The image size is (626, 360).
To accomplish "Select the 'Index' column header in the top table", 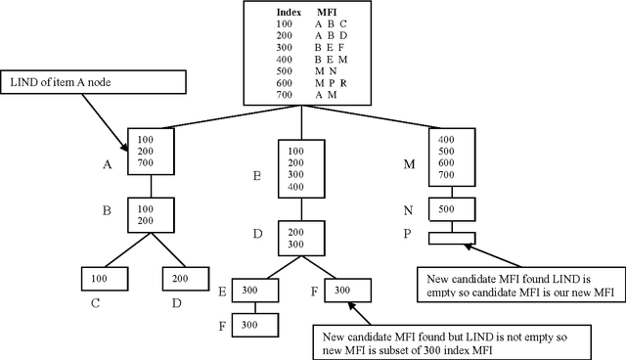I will tap(287, 12).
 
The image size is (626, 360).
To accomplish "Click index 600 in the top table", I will tap(285, 82).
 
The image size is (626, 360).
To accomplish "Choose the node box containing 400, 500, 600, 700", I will tap(453, 157).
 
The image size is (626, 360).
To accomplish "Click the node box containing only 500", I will tap(453, 209).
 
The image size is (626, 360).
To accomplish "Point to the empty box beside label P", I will tap(453, 237).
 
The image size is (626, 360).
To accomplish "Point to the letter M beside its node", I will tap(409, 164).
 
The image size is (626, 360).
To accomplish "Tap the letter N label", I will tap(409, 209).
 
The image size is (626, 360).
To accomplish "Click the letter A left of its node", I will tap(108, 164).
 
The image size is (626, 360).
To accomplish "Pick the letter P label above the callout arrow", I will tap(409, 232).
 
